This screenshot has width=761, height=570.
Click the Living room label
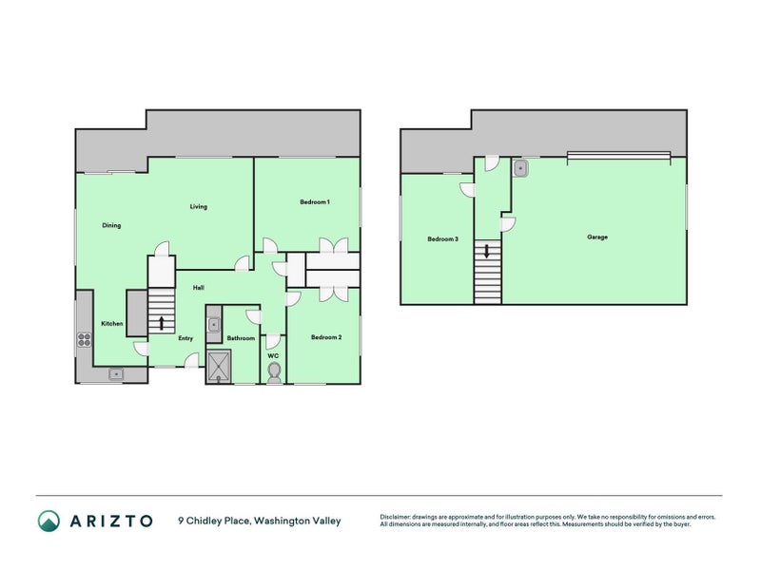pyautogui.click(x=198, y=206)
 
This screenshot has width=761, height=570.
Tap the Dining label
pyautogui.click(x=111, y=225)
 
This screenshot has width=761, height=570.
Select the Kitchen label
pyautogui.click(x=111, y=323)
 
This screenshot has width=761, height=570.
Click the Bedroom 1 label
pyautogui.click(x=315, y=201)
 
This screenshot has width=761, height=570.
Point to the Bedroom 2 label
pyautogui.click(x=326, y=337)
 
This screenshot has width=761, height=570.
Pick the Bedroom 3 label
pyautogui.click(x=442, y=238)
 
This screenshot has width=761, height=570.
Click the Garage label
pyautogui.click(x=597, y=237)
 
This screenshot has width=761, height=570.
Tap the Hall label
pyautogui.click(x=198, y=288)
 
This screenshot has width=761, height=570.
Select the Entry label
pyautogui.click(x=185, y=338)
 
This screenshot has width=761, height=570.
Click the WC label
pyautogui.click(x=273, y=355)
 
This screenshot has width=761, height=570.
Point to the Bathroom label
pyautogui.click(x=241, y=338)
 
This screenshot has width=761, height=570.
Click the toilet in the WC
pyautogui.click(x=274, y=373)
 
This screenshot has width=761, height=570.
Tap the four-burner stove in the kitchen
pyautogui.click(x=85, y=339)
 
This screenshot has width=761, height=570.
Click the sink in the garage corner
pyautogui.click(x=520, y=168)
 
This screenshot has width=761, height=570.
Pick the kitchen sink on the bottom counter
pyautogui.click(x=116, y=373)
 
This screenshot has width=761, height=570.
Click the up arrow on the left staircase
pyautogui.click(x=161, y=323)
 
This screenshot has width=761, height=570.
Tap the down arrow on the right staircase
pyautogui.click(x=487, y=251)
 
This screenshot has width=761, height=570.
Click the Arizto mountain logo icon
pyautogui.click(x=49, y=521)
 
